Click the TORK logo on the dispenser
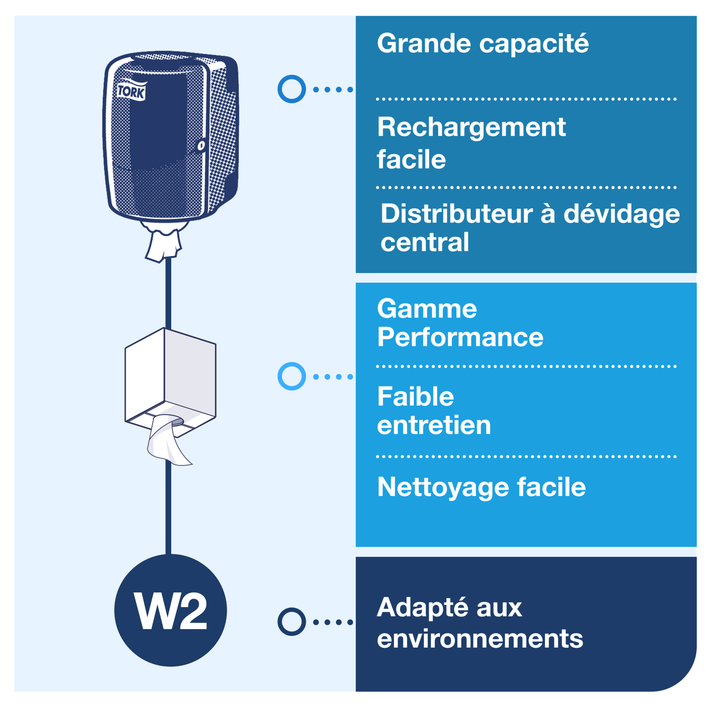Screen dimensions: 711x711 click(x=132, y=91)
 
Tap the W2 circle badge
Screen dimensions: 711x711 click(x=170, y=610)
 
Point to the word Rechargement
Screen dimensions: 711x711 click(x=471, y=127)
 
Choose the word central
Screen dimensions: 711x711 click(x=424, y=242)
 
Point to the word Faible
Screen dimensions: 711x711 click(x=415, y=397)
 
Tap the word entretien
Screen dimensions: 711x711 click(x=433, y=426)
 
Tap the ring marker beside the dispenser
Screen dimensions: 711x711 click(x=292, y=89)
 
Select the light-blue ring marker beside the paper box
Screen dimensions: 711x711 click(x=292, y=376)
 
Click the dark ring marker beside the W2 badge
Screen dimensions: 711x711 click(x=292, y=621)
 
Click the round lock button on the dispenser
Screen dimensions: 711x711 click(x=201, y=145)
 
